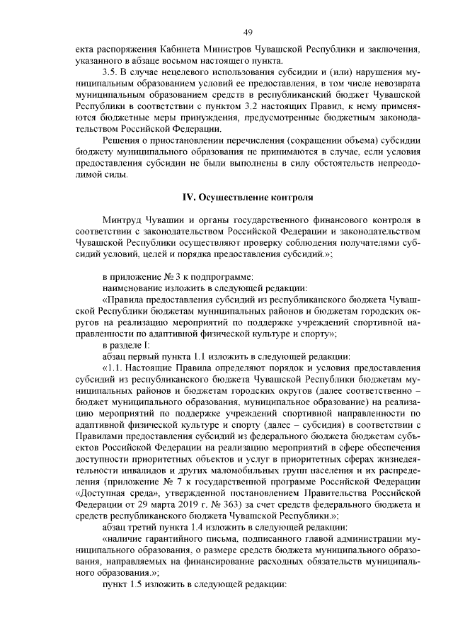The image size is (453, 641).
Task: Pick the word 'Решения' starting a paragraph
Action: (x=121, y=149)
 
